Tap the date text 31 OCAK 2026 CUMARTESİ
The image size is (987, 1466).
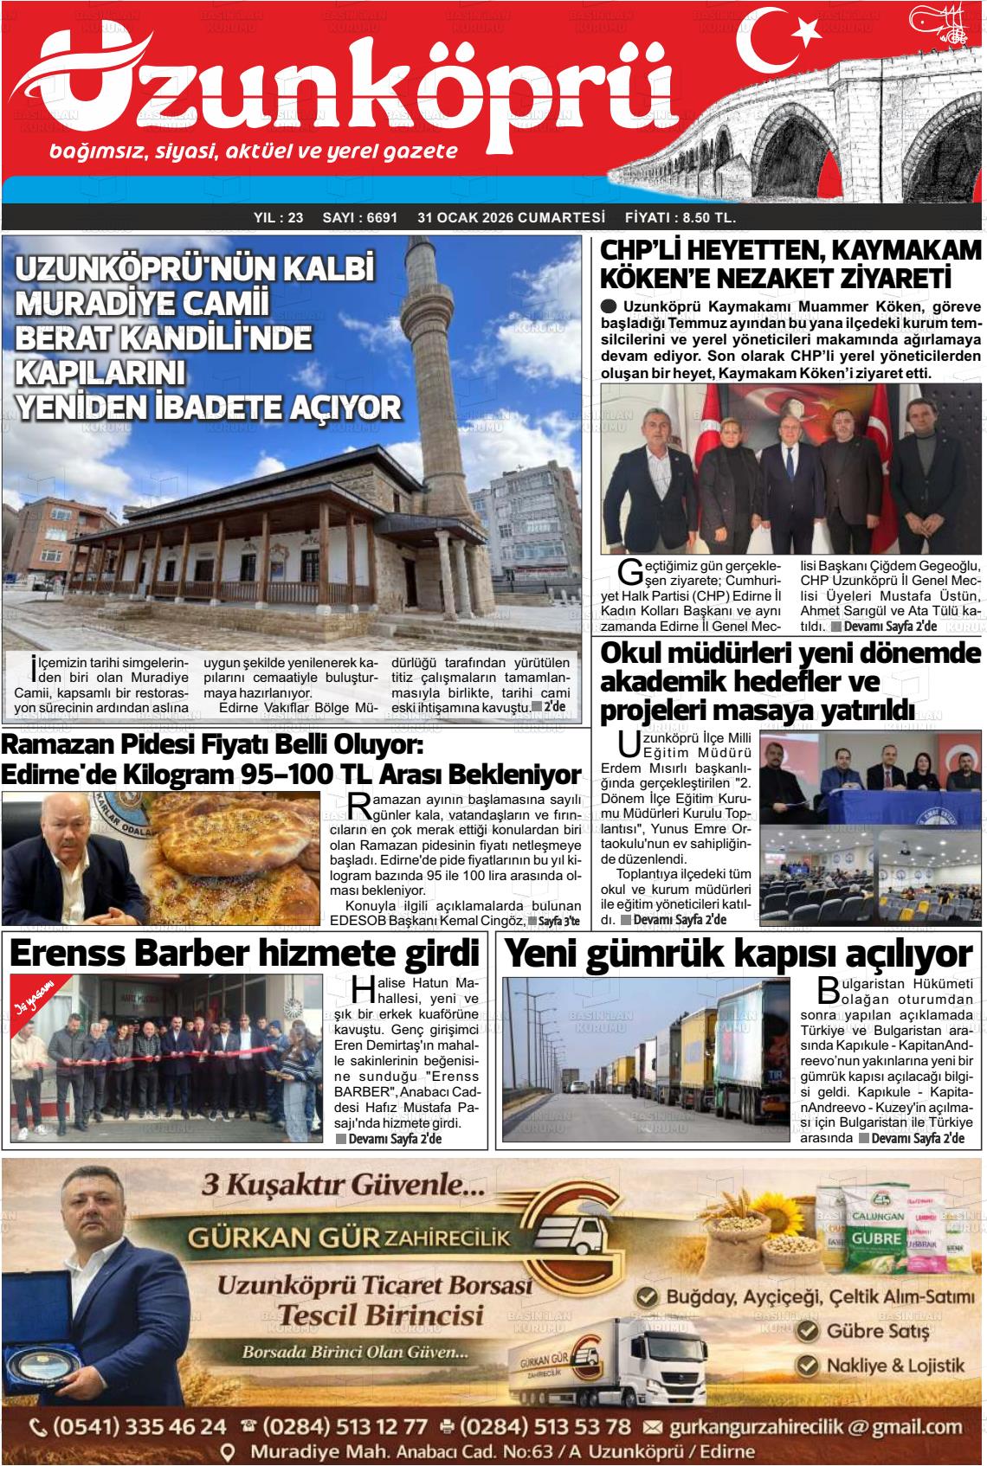click(x=510, y=218)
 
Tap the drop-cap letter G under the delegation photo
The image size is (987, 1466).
click(x=631, y=570)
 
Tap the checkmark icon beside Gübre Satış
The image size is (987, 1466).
click(x=807, y=1330)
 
